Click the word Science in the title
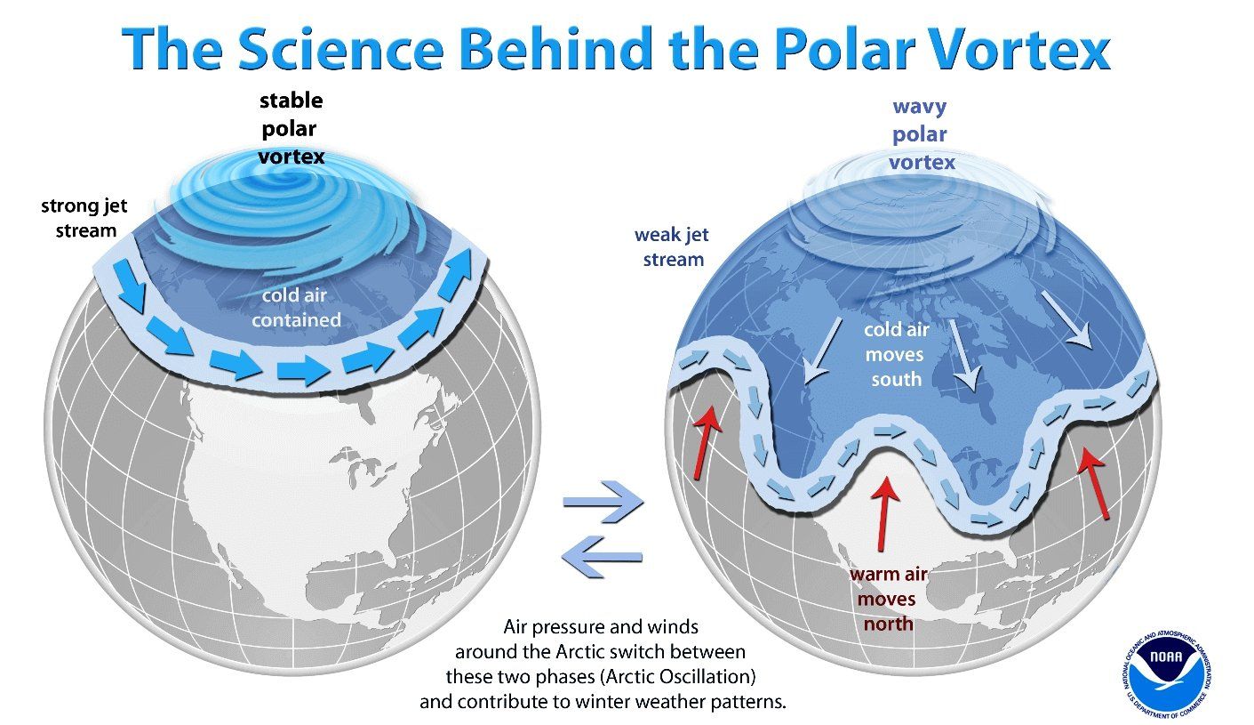coord(340,49)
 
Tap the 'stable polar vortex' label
coord(292,128)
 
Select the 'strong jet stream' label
coord(84,218)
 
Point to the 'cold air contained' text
coord(296,307)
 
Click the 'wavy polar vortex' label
coord(920,134)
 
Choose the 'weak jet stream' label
coord(672,246)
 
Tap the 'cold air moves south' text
coord(896,354)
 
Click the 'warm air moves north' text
coord(889,599)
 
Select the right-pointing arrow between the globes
coord(603,502)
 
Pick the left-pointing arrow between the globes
coord(602,556)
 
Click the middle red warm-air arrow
coord(884,513)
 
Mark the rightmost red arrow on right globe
coord(1094,483)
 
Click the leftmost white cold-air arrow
coord(822,351)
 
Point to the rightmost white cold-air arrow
coord(1066,320)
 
